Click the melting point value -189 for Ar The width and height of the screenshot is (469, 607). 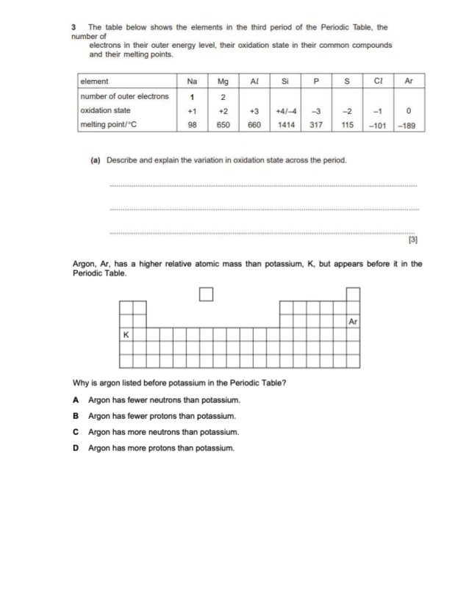click(407, 125)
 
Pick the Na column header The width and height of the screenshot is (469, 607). click(192, 82)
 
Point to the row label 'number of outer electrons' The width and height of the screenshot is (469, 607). click(124, 96)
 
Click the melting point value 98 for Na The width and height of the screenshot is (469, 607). click(192, 125)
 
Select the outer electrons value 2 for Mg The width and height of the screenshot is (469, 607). click(223, 97)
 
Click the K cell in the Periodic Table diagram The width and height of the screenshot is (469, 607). click(126, 334)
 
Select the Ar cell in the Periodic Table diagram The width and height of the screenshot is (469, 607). click(354, 322)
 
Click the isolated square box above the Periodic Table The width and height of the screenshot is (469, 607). click(205, 295)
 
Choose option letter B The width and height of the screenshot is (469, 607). click(76, 415)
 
